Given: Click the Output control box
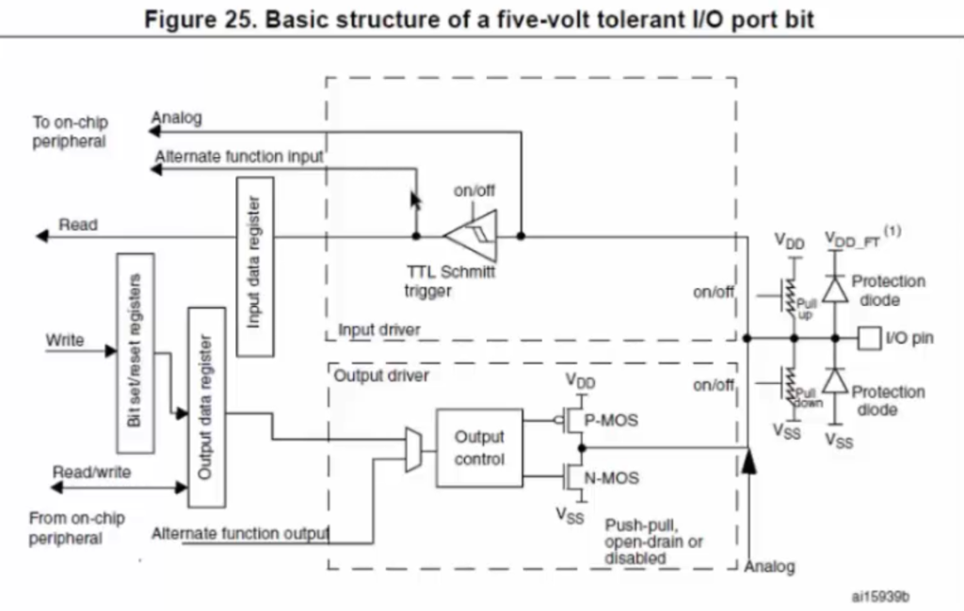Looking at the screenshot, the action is point(479,448).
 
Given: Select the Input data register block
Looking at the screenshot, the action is point(255,266).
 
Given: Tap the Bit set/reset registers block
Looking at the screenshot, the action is point(136,353).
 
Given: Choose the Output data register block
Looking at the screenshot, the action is point(206,408).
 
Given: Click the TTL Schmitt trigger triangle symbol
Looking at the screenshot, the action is point(471,236).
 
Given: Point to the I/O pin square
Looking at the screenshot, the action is point(869,338).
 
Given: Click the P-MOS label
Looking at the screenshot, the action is point(610,421).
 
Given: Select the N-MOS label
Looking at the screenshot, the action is point(611,477).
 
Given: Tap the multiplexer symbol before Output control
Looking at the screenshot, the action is point(413,450).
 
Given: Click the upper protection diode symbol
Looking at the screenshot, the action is point(835,288).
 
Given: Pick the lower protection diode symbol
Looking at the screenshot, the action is point(835,380).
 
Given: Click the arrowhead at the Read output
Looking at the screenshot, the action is point(41,236).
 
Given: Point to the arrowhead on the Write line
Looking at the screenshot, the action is point(111,351).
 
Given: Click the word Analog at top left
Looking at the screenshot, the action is point(176,118).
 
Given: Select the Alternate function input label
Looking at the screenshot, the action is point(238,156).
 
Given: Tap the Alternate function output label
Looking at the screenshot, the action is point(240,534).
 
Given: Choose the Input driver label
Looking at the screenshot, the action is point(379,330).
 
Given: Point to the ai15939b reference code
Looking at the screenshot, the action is point(880,596).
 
